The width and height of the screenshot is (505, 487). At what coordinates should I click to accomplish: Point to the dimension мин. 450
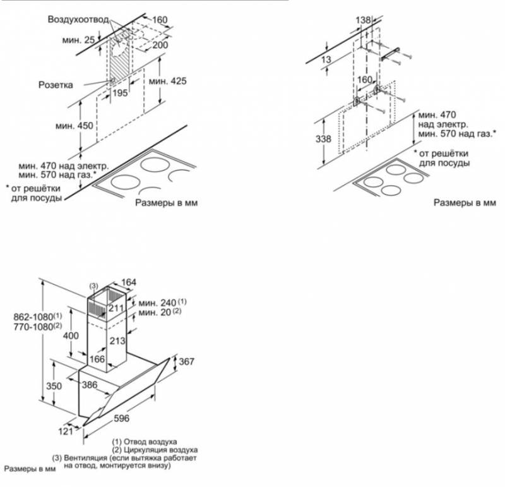pos(76,125)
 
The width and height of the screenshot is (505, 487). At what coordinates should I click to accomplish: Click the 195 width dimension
pos(120,93)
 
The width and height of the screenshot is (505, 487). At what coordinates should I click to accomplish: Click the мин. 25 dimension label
pos(79,40)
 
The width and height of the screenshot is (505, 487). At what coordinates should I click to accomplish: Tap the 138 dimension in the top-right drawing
pos(364,20)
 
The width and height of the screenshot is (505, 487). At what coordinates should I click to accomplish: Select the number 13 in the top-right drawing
pos(326,59)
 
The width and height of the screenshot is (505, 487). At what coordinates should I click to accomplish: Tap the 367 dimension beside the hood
pos(186,361)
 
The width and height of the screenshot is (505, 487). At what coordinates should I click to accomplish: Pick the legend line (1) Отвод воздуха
pos(145,441)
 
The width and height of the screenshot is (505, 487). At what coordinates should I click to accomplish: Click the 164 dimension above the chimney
pos(128,282)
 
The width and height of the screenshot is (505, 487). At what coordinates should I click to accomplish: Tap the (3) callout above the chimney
pos(93,286)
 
